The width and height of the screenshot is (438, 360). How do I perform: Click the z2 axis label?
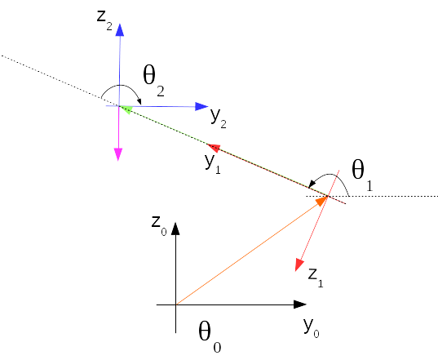[104, 20]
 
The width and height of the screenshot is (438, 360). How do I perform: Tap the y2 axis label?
[218, 118]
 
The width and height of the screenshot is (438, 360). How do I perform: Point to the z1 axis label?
[316, 278]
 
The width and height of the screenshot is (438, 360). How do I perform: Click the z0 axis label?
[159, 225]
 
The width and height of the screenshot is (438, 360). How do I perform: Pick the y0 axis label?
[312, 327]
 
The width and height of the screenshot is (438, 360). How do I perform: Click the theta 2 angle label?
[153, 80]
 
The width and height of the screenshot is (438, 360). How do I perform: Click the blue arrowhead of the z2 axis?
[120, 30]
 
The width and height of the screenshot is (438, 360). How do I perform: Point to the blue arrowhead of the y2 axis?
[201, 106]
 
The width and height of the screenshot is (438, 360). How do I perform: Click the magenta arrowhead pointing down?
[118, 154]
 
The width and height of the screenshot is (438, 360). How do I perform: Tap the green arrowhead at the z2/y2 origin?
[126, 109]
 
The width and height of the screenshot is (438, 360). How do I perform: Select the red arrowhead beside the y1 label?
[215, 148]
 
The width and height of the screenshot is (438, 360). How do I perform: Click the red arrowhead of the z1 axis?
[299, 264]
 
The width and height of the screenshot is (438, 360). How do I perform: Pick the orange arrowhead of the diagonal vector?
[321, 201]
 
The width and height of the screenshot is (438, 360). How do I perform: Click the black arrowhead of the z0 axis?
[175, 229]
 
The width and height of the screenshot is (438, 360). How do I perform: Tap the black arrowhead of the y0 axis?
[300, 304]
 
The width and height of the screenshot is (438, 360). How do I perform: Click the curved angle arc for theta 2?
[120, 86]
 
